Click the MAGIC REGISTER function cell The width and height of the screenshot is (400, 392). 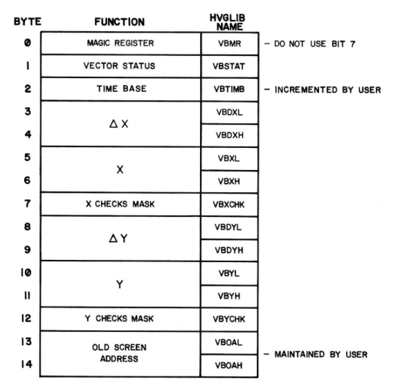[120, 44]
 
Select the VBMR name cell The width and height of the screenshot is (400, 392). [230, 44]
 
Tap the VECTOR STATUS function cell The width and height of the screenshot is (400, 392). [120, 66]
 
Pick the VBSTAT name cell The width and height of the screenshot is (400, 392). [230, 66]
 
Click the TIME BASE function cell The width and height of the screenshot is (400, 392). [120, 89]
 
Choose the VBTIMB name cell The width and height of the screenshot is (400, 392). [230, 89]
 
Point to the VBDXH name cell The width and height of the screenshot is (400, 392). [230, 136]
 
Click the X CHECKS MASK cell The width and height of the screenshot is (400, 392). [120, 204]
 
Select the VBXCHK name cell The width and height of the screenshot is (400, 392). [229, 205]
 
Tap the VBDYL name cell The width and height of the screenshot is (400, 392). [229, 227]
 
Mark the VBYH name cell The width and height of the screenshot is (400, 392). [229, 297]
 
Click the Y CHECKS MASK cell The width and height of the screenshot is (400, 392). [120, 319]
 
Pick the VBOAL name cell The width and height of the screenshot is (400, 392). [229, 342]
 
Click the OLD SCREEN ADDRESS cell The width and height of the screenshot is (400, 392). [120, 353]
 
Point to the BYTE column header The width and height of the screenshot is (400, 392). [27, 21]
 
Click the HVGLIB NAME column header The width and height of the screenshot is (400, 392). [228, 22]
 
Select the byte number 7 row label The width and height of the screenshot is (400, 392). [28, 204]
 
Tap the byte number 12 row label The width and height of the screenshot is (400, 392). [26, 318]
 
